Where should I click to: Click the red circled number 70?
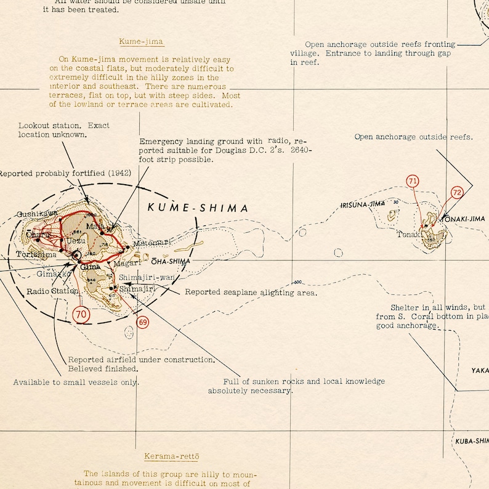pyautogui.click(x=81, y=314)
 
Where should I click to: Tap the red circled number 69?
pyautogui.click(x=143, y=322)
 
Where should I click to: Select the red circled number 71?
pyautogui.click(x=413, y=181)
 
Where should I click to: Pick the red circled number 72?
pyautogui.click(x=456, y=192)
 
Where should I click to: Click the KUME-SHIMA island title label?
pyautogui.click(x=198, y=208)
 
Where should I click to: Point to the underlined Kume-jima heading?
pyautogui.click(x=142, y=42)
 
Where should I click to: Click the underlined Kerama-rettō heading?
pyautogui.click(x=172, y=456)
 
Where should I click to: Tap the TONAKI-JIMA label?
pyautogui.click(x=464, y=219)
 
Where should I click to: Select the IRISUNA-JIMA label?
pyautogui.click(x=363, y=204)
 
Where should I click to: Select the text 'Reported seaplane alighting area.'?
pyautogui.click(x=251, y=293)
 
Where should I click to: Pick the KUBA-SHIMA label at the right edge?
pyautogui.click(x=472, y=441)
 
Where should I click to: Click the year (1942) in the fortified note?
pyautogui.click(x=119, y=173)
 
